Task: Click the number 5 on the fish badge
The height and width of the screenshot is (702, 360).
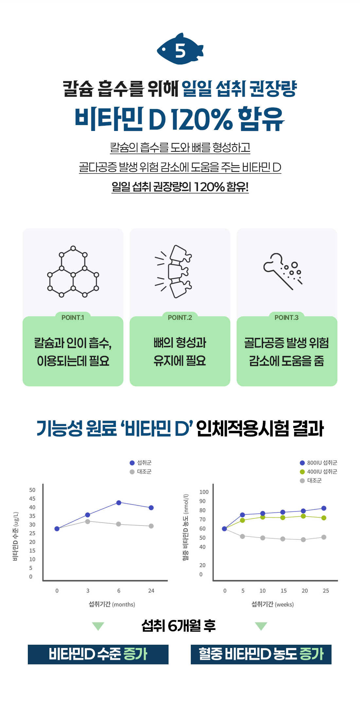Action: pos(180,51)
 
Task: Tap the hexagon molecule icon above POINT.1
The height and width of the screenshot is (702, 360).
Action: pos(73,271)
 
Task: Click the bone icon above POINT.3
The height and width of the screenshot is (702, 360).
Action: pos(282,271)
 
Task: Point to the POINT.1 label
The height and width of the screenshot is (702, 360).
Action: pos(73,318)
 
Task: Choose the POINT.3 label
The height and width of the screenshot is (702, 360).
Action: pos(286,318)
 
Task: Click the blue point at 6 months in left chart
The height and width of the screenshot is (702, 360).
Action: pos(119,503)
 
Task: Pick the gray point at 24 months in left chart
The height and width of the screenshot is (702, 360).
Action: pos(151,526)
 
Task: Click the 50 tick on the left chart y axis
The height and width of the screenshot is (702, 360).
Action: pos(32,490)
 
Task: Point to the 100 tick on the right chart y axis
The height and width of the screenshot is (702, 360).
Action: pos(204,492)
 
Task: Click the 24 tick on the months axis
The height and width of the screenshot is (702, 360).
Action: pos(151,591)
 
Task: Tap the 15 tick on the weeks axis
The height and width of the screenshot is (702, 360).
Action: pos(283,591)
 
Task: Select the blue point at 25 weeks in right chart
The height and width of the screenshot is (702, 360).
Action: pos(324,508)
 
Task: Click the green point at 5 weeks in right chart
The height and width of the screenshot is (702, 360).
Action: pos(243,520)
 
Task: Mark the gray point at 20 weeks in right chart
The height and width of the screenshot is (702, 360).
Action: pos(303,540)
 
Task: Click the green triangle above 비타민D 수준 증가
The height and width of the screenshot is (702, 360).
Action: pos(98,626)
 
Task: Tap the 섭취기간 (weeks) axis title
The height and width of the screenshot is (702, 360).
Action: pos(272,604)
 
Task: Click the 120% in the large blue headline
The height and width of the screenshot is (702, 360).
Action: pos(202,119)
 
